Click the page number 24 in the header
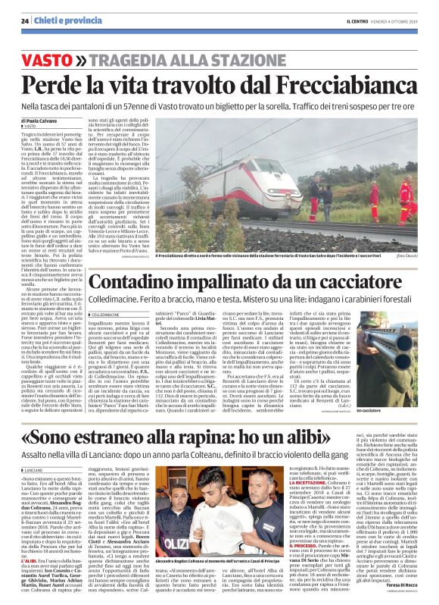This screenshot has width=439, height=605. [25, 20]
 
